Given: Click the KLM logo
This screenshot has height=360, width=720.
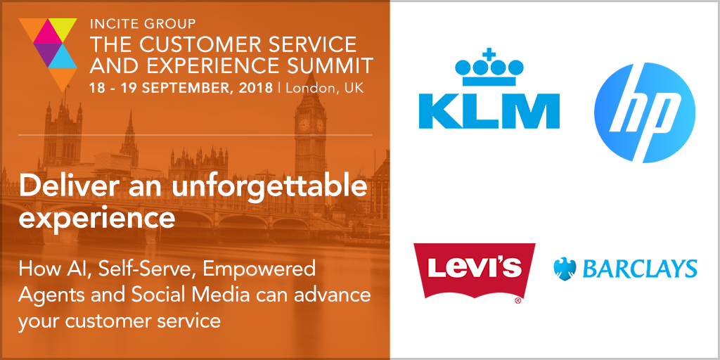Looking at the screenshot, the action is [489, 89].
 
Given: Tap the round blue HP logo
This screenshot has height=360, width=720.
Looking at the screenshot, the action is [644, 112].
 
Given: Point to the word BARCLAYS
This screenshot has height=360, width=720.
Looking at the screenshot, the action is [637, 269].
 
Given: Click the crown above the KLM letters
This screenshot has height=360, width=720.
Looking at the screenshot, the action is [489, 68].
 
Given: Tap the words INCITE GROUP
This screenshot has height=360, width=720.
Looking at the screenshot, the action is [143, 23].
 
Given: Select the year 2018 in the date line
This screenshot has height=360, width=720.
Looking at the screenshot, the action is [255, 88].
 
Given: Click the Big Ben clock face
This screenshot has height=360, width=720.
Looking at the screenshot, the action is [304, 124].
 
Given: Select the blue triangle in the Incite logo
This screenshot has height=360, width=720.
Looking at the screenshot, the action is [62, 56].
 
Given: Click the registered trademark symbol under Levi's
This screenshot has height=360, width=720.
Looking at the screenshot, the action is [517, 301].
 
